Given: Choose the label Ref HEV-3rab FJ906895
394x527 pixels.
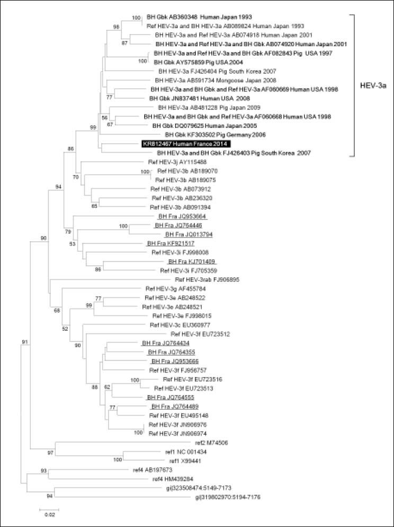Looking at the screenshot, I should point(206,279).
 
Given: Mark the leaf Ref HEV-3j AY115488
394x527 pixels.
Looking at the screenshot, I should point(176,162).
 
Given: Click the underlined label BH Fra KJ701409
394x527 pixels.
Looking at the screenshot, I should point(191,261).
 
